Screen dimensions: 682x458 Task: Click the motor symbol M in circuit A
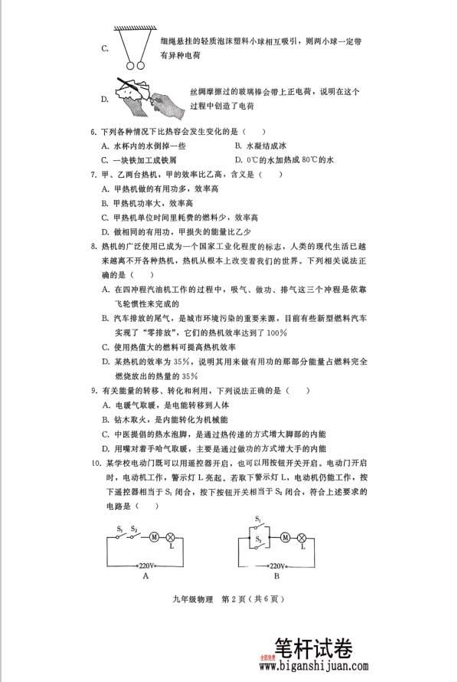coord(154,537)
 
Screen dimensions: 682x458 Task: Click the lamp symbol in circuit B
coord(302,537)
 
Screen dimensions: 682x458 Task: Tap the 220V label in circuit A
coord(146,566)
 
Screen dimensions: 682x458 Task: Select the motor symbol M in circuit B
coord(285,537)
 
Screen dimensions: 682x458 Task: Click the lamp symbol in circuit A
coord(171,537)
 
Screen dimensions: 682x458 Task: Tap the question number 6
coord(93,132)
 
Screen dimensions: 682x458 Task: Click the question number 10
coord(95,464)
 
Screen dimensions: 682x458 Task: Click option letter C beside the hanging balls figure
coord(105,48)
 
